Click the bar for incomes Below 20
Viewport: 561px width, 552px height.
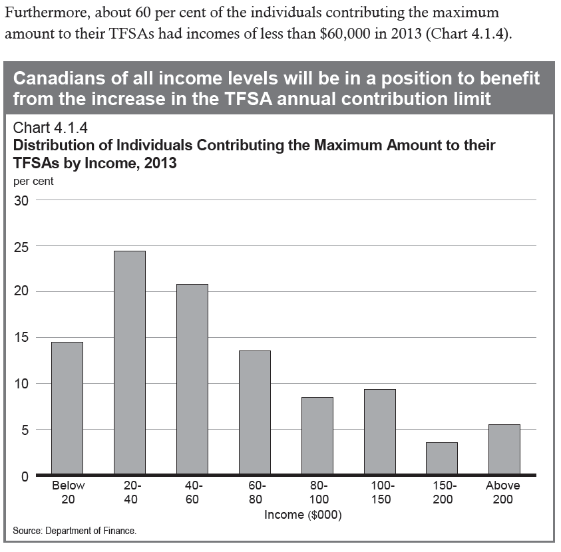coord(67,408)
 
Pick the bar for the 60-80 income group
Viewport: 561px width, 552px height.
coord(255,412)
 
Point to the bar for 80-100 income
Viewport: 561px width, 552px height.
coord(317,436)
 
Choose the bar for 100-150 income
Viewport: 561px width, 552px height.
coord(379,432)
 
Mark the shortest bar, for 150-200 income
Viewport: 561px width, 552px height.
coord(442,458)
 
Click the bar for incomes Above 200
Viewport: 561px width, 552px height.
coord(504,450)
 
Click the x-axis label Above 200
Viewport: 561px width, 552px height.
coord(503,493)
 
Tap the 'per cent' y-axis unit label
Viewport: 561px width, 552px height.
coord(33,181)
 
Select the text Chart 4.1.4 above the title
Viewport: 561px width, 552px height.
coord(50,128)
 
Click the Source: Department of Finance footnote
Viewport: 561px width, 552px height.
coord(75,531)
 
